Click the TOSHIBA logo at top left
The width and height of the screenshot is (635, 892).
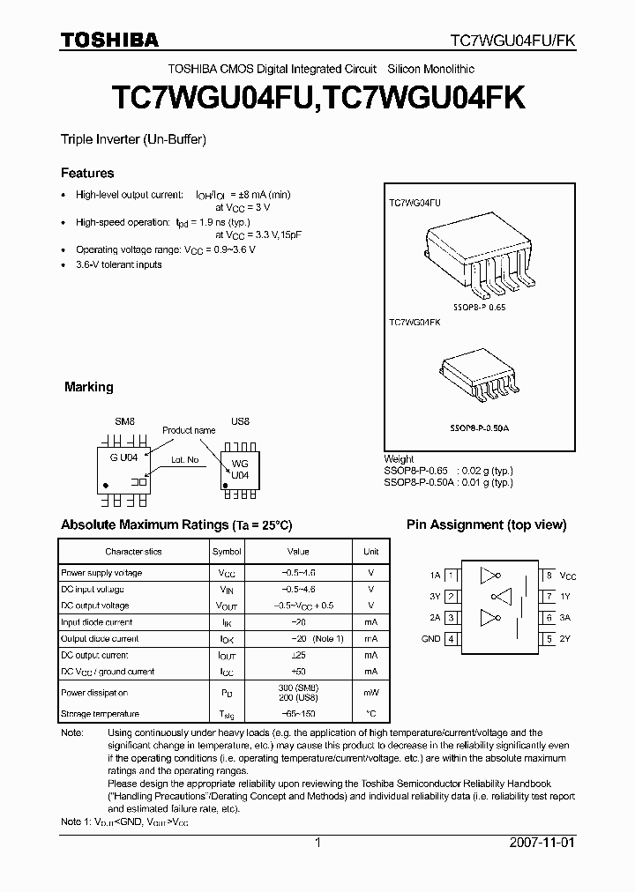point(109,40)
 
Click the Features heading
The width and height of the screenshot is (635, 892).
point(86,174)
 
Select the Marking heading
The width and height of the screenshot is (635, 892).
point(89,387)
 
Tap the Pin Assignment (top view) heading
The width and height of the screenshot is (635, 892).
point(486,524)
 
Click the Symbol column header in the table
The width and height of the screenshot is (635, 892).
point(227,552)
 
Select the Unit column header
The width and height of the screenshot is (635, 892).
point(371,552)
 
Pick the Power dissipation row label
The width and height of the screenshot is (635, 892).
point(94,694)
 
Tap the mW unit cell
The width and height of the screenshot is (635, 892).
point(371,694)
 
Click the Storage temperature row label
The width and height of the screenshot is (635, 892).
point(100,714)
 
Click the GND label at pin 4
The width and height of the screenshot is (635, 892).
point(430,639)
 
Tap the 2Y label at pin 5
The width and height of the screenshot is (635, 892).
point(566,639)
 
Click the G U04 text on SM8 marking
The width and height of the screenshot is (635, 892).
point(123,459)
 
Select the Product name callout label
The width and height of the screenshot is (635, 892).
point(188,430)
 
